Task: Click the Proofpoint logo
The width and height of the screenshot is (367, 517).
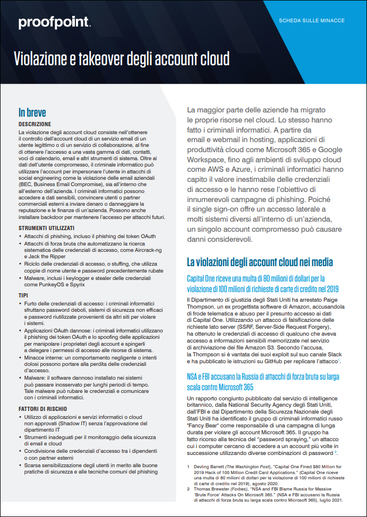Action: coord(54,22)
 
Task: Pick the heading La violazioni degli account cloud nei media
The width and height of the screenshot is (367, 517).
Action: coord(260,262)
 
